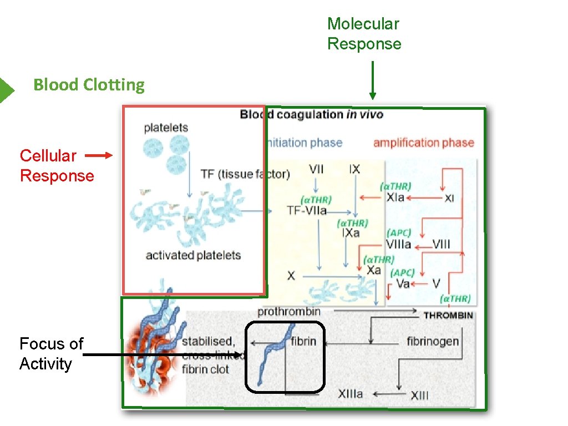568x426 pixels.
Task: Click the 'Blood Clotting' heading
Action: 89,85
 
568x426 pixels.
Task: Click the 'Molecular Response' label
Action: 364,34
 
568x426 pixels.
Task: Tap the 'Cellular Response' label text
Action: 57,166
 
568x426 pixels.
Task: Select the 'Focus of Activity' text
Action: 50,354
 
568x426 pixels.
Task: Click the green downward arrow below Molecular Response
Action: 373,80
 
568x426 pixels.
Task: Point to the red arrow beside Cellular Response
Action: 100,156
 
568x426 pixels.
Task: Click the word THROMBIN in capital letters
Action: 448,316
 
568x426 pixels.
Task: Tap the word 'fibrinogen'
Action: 433,341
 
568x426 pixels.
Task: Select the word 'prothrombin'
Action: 288,312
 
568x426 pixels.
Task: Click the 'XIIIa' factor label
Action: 351,394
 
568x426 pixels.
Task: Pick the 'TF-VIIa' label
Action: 306,210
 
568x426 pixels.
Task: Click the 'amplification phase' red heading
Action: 423,143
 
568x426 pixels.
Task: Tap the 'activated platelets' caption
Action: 193,256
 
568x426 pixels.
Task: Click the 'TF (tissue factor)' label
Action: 245,174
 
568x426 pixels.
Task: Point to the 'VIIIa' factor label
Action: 398,244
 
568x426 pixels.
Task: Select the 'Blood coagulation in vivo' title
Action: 311,115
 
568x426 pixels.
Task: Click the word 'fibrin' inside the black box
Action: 303,341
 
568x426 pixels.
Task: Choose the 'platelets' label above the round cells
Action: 166,128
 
